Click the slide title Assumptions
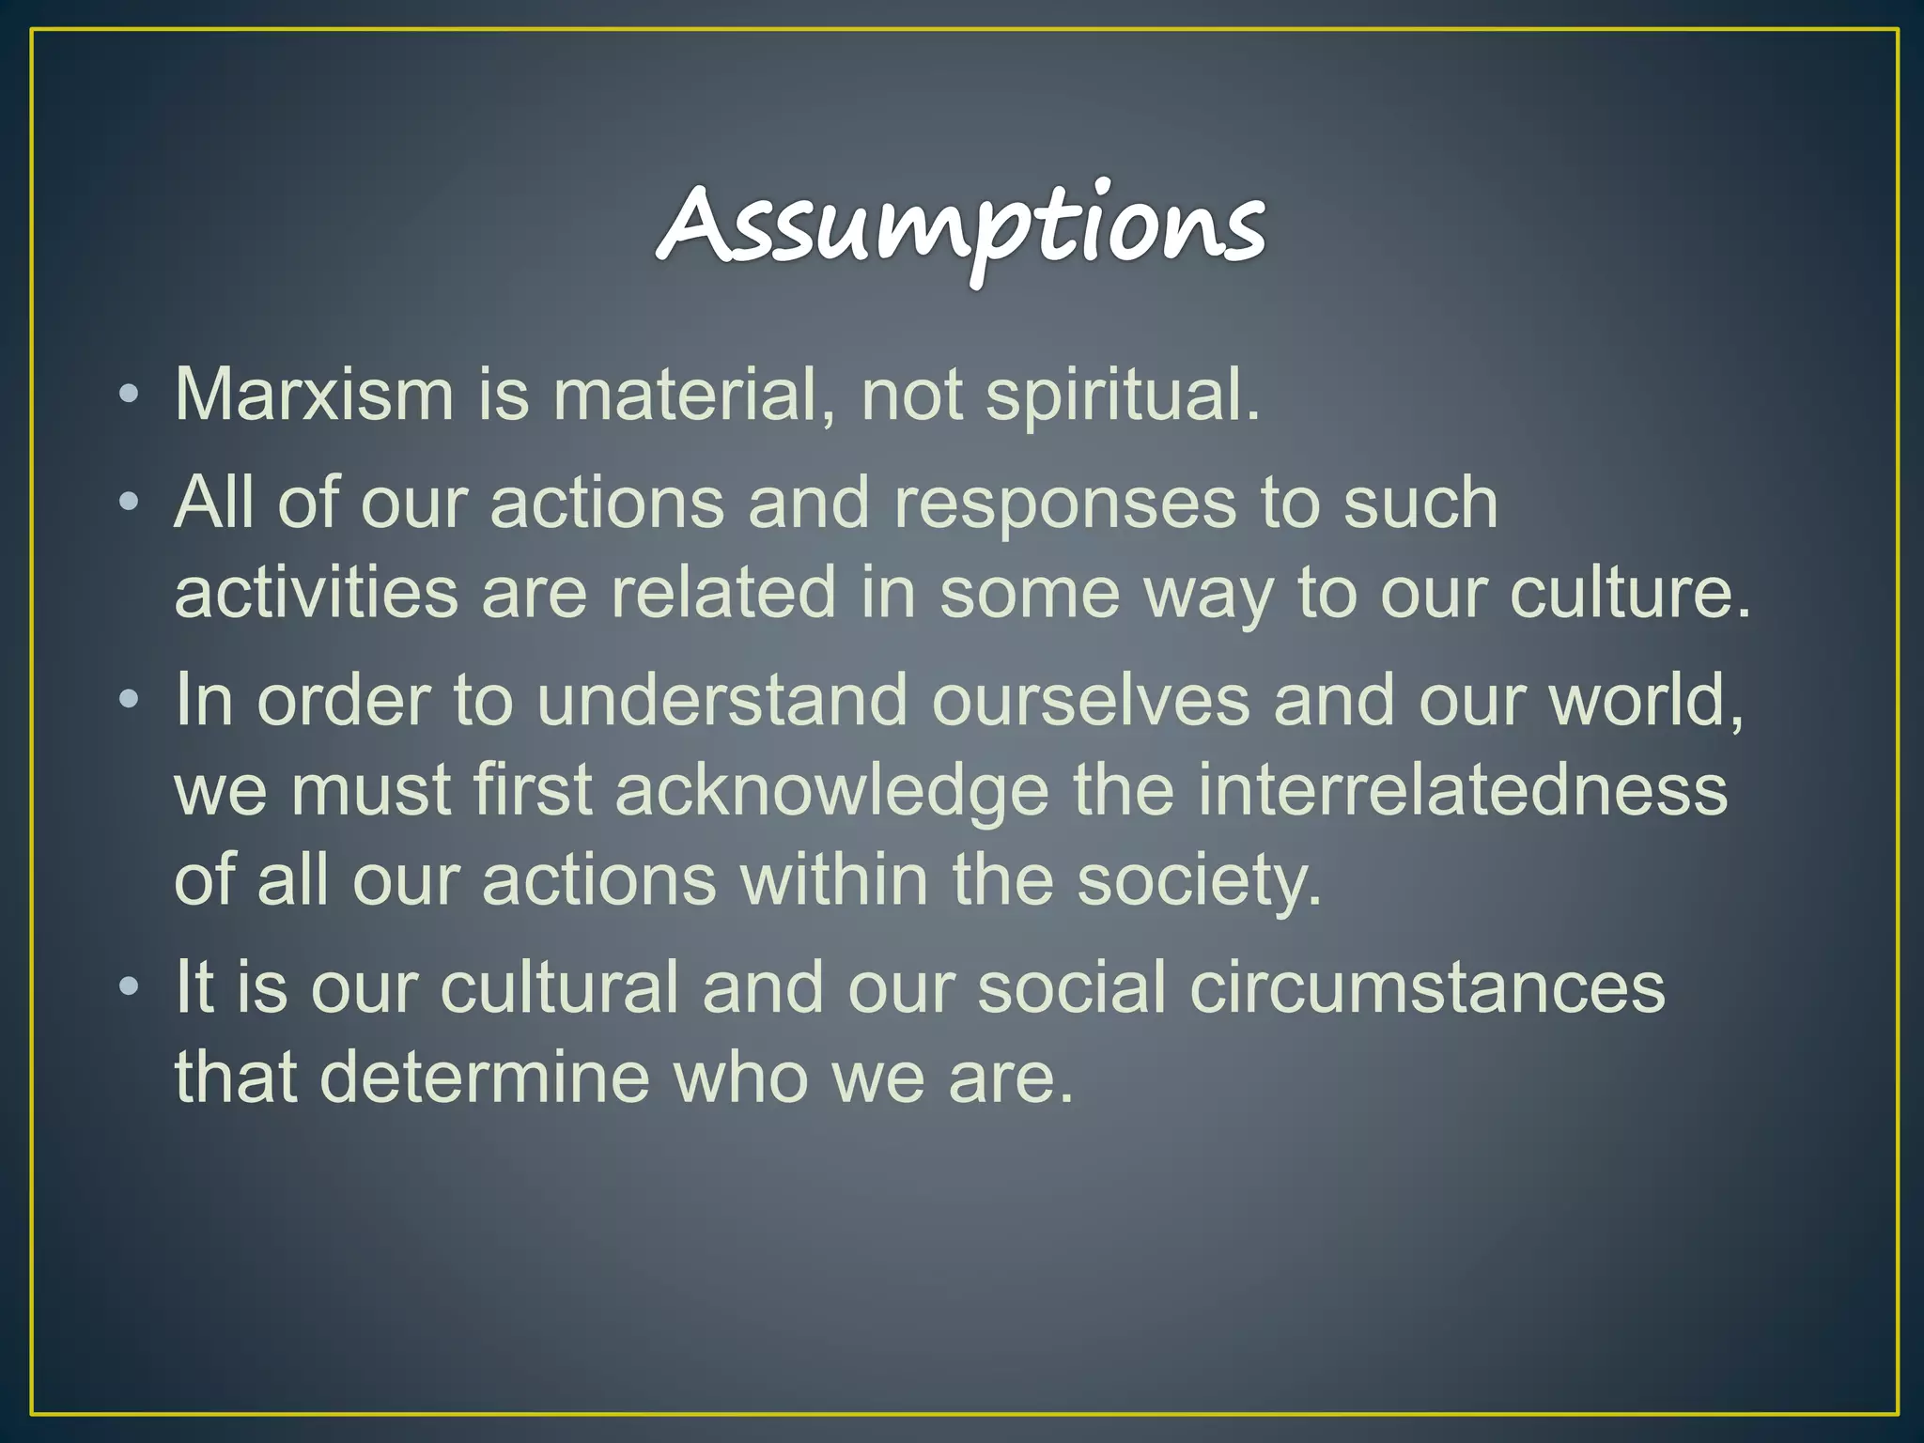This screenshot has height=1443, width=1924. point(960,225)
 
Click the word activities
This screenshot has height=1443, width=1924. point(316,593)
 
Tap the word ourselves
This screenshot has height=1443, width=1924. point(1091,700)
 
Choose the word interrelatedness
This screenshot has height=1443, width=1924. point(1462,789)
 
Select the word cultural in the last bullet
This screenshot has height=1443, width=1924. point(559,987)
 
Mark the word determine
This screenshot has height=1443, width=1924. point(485,1077)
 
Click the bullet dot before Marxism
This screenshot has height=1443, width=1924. point(130,396)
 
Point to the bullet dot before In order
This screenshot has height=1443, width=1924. point(130,701)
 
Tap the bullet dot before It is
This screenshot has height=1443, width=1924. point(130,988)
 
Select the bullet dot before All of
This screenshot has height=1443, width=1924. point(130,504)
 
